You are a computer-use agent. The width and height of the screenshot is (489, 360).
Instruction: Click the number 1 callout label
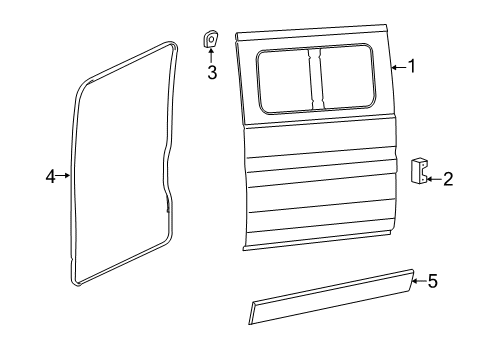(410, 67)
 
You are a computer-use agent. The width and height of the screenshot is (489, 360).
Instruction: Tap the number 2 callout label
(447, 179)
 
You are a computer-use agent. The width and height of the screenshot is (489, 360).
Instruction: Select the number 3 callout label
(212, 72)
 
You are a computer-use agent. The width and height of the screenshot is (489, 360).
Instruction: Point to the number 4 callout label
(51, 176)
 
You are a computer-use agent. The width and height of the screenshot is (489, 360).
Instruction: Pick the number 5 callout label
(432, 282)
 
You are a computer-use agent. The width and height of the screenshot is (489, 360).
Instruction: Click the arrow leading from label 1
(397, 67)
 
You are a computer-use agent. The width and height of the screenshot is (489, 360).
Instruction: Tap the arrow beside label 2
(433, 179)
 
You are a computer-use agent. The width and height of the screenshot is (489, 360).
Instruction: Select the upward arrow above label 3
(212, 55)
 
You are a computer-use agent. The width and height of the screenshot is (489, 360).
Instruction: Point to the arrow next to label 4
(66, 176)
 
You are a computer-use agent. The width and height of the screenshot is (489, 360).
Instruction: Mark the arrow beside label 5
(418, 282)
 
